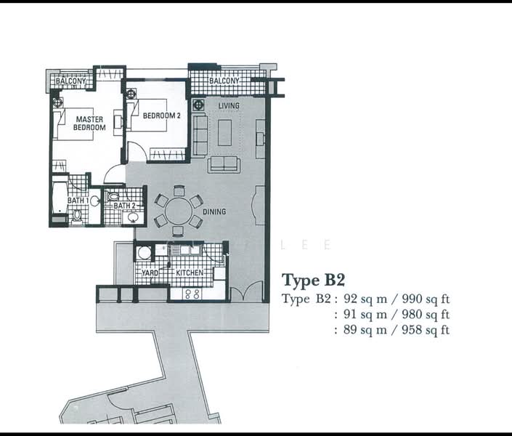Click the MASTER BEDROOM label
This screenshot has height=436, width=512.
pyautogui.click(x=89, y=124)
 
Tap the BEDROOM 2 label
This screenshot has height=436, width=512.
pyautogui.click(x=161, y=116)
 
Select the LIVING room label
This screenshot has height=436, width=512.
pyautogui.click(x=229, y=106)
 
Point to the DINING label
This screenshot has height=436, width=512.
pyautogui.click(x=215, y=212)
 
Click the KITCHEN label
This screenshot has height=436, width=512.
pyautogui.click(x=189, y=272)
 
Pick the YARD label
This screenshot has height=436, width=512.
pyautogui.click(x=150, y=273)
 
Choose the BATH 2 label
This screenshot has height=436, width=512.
pyautogui.click(x=123, y=206)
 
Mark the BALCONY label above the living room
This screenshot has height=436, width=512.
pyautogui.click(x=224, y=81)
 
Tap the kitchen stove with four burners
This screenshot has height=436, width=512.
pyautogui.click(x=192, y=294)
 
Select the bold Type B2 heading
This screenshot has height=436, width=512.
pyautogui.click(x=312, y=280)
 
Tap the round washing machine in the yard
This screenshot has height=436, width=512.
pyautogui.click(x=145, y=254)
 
